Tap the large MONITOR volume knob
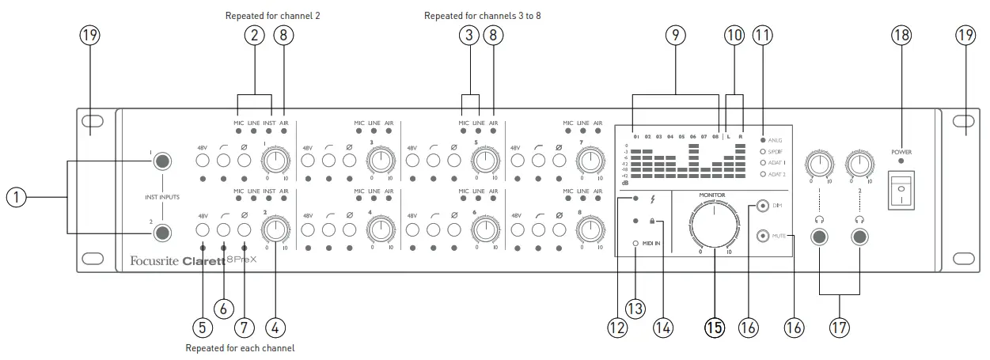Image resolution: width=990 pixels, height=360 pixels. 714,225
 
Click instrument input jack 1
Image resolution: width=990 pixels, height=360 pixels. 162,161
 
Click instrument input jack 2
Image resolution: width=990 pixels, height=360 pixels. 162,233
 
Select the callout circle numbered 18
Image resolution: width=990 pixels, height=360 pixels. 901,35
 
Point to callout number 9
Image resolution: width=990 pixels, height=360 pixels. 675,35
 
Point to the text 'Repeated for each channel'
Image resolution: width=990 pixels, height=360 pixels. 240,347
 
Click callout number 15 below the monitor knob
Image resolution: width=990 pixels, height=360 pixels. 714,326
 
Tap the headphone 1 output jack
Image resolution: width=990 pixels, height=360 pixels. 820,237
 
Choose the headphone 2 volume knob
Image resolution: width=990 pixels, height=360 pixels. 859,164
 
